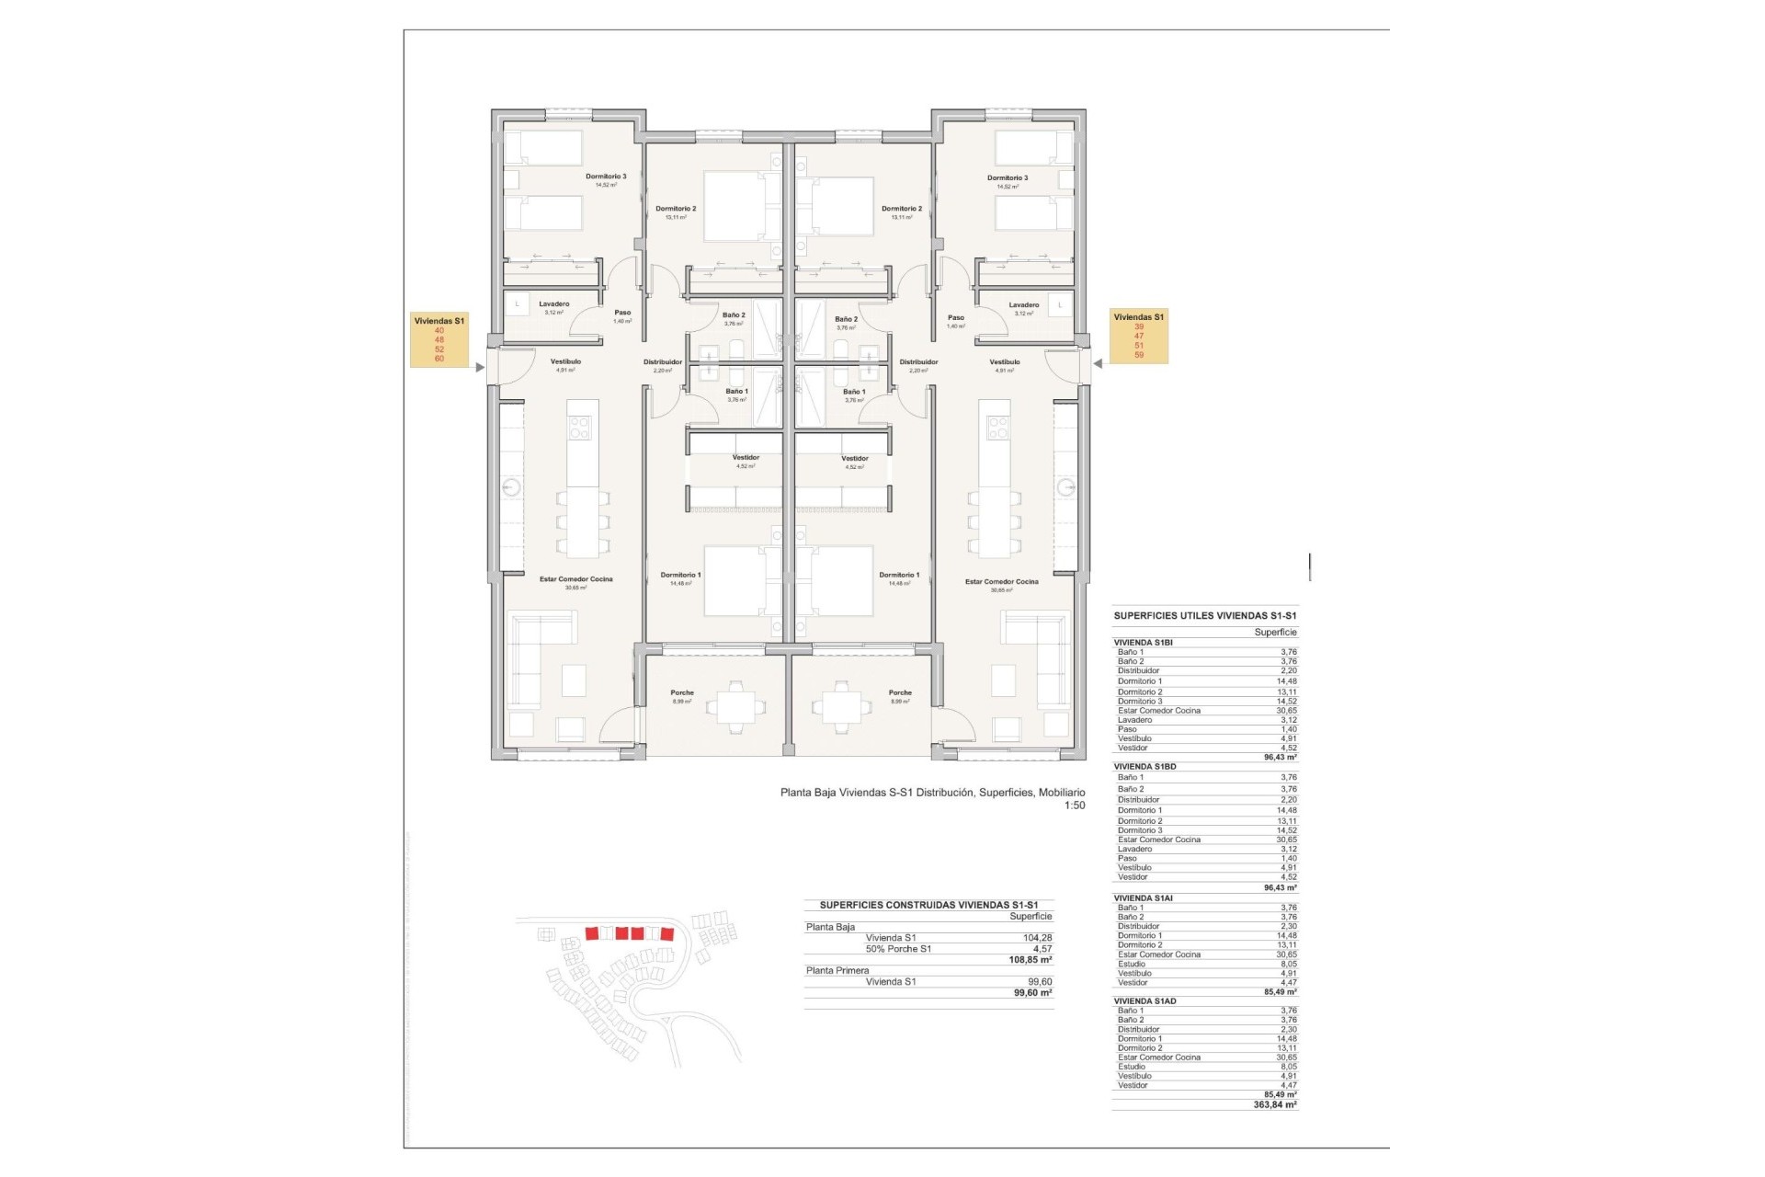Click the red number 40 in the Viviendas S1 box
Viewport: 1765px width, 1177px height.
[x=438, y=330]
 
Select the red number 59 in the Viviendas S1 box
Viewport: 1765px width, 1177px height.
[x=1139, y=355]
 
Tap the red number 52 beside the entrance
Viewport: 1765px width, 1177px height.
[x=438, y=349]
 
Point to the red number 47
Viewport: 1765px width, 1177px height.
[x=1139, y=337]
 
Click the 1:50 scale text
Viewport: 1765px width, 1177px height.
[x=1074, y=806]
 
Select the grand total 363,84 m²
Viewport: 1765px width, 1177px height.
[x=1275, y=1105]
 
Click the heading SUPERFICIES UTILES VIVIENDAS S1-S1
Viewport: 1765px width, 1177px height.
[x=1205, y=616]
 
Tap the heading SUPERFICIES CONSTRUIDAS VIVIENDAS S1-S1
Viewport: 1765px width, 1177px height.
[x=928, y=906]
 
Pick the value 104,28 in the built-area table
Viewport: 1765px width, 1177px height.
[x=1037, y=938]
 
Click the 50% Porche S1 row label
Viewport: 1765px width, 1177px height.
[x=898, y=949]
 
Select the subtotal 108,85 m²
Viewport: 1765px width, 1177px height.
[x=1030, y=960]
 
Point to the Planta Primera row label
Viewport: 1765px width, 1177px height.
[x=837, y=971]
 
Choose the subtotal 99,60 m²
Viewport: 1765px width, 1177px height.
[x=1032, y=993]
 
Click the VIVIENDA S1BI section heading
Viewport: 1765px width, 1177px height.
[x=1143, y=643]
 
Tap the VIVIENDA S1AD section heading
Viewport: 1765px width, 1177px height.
[x=1144, y=1001]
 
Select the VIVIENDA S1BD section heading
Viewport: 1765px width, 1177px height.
[x=1144, y=767]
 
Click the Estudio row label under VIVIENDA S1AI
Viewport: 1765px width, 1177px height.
[x=1132, y=964]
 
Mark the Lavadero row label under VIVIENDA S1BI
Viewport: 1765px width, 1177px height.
[x=1134, y=720]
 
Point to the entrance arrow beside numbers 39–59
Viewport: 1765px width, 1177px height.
[x=1097, y=364]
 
